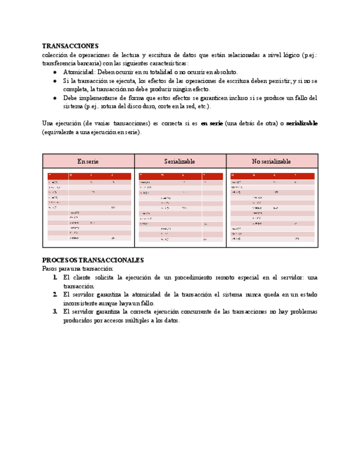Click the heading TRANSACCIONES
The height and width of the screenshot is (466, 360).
point(70,46)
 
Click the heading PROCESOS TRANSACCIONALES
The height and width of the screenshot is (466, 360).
point(93,260)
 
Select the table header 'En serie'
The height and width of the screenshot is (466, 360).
point(88,162)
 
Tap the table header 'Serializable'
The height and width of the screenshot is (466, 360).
point(180,162)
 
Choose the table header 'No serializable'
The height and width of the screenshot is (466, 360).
point(272,162)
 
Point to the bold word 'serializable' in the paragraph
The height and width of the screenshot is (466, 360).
point(302,124)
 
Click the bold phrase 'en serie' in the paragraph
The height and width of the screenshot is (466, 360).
point(212,124)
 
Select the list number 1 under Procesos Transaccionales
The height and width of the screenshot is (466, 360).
point(56,278)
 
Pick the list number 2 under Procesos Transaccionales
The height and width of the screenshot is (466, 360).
point(56,295)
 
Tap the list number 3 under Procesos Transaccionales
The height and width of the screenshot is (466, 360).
point(56,312)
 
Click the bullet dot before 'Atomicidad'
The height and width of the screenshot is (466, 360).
point(56,72)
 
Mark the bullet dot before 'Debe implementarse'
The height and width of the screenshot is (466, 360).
point(56,98)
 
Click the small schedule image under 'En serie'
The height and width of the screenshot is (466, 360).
point(89,207)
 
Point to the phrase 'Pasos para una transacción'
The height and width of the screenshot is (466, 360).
point(78,269)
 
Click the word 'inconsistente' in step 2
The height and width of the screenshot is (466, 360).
point(81,303)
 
